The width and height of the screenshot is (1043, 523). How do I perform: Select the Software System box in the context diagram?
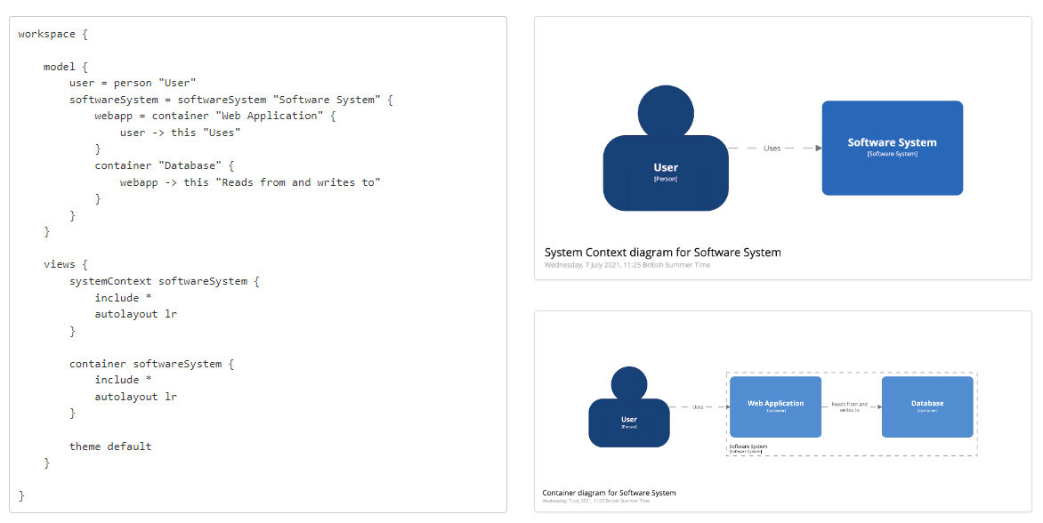click(x=892, y=148)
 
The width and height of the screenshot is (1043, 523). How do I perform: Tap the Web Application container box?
click(x=775, y=406)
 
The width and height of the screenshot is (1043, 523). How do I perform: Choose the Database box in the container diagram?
click(x=927, y=406)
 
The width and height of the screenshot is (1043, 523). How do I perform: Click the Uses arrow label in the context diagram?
click(x=772, y=149)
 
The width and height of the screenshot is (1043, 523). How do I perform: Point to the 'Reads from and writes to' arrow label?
click(x=849, y=406)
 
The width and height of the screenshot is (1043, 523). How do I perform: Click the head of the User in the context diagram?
click(x=665, y=111)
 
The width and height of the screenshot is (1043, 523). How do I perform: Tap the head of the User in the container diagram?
click(x=629, y=384)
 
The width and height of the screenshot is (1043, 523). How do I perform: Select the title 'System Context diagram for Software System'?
click(x=662, y=253)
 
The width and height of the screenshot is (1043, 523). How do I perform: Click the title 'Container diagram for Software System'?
click(x=609, y=493)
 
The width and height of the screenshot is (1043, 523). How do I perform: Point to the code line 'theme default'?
click(x=110, y=447)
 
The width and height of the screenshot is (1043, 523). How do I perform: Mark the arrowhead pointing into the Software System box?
click(x=819, y=149)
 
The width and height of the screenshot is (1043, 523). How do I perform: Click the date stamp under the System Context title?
click(x=627, y=265)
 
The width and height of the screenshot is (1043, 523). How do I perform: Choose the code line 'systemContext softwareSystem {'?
click(x=164, y=281)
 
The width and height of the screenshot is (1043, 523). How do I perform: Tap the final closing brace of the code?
click(x=21, y=495)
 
